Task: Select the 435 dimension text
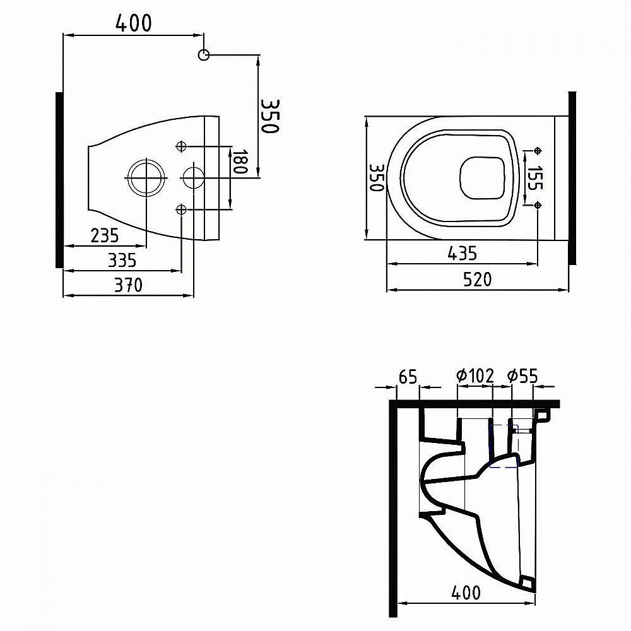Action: point(463,253)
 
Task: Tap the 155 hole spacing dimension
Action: point(536,178)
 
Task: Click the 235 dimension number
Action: point(104,235)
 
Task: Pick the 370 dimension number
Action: point(128,285)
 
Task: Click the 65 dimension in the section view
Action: point(408,377)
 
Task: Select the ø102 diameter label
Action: point(475,376)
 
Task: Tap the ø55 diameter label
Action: point(522,376)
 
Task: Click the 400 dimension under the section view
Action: point(466,593)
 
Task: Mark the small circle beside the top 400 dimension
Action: point(203,55)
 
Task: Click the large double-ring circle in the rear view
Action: point(147,178)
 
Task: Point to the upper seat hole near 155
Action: point(538,150)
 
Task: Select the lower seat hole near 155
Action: point(538,204)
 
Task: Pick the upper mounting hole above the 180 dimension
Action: point(182,146)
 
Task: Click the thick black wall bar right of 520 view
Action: point(572,178)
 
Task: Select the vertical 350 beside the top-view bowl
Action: point(377,178)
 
